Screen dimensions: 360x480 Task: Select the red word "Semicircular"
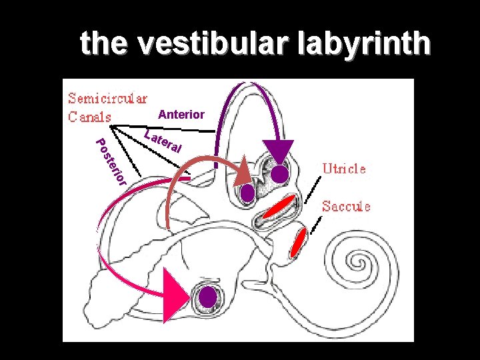pyautogui.click(x=107, y=99)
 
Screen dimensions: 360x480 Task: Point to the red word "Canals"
pyautogui.click(x=89, y=116)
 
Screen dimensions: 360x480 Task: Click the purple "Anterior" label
pyautogui.click(x=181, y=115)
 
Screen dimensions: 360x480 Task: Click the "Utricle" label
pyautogui.click(x=344, y=169)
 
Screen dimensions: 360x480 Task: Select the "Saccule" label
pyautogui.click(x=346, y=206)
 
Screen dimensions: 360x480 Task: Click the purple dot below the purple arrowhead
pyautogui.click(x=281, y=174)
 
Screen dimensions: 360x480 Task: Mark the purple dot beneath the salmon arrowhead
pyautogui.click(x=248, y=193)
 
